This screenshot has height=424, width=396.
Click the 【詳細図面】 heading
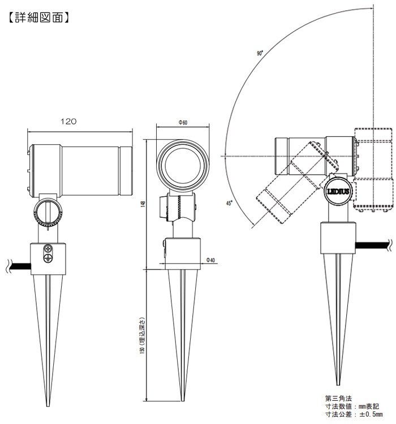[39, 18]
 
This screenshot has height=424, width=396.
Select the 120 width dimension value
[68, 122]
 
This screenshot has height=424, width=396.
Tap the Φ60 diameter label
[183, 123]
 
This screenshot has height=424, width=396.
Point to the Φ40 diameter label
[210, 260]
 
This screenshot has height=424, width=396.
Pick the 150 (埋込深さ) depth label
[143, 336]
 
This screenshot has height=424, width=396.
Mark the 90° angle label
[260, 53]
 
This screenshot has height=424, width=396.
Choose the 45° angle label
[229, 203]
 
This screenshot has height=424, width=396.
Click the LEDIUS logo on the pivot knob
[338, 192]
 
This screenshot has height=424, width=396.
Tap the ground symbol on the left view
[48, 257]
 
